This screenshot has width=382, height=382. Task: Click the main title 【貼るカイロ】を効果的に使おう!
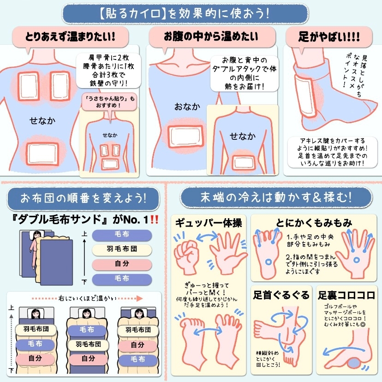[x=185, y=14]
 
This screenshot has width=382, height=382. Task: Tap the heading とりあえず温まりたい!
[x=70, y=37]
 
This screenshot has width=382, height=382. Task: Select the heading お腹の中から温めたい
[x=211, y=36]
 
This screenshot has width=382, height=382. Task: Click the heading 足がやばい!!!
[x=329, y=37]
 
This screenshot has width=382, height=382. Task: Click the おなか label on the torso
[x=187, y=107]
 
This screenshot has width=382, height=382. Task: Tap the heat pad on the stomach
[x=185, y=137]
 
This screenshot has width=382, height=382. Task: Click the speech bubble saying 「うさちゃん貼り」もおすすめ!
[x=109, y=102]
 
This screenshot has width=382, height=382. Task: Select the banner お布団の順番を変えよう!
[x=84, y=198]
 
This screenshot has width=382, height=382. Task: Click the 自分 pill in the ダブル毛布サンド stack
[x=122, y=264]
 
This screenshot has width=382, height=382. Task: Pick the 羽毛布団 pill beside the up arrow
[x=122, y=249]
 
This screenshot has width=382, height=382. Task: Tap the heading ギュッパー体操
[x=209, y=223]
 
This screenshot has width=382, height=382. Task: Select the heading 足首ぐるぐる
[x=281, y=295]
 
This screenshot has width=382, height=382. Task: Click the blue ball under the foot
[x=355, y=363]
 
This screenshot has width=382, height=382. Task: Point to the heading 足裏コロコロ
[x=346, y=295]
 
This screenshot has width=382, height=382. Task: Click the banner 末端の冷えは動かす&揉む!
[x=276, y=197]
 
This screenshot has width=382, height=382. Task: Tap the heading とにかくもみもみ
[x=314, y=222]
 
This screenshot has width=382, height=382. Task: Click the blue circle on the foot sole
[x=269, y=263]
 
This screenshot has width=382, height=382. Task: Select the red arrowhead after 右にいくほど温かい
[x=139, y=298]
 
